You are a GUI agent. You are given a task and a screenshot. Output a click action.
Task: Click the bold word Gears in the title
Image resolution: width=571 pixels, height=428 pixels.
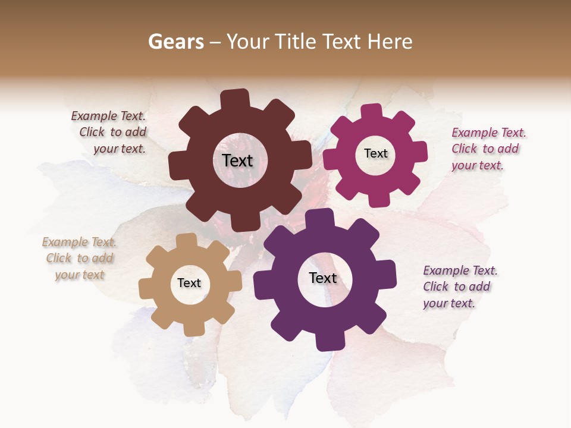pos(176,42)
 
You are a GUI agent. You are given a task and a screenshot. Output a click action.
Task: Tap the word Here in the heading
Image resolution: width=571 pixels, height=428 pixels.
pos(390,42)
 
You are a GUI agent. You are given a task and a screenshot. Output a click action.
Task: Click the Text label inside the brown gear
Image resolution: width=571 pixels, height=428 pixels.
pos(237,160)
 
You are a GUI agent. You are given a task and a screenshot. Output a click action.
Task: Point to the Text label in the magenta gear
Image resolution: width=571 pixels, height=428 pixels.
pos(375,153)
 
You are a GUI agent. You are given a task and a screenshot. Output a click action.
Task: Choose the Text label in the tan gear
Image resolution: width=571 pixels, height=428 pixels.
pos(189,283)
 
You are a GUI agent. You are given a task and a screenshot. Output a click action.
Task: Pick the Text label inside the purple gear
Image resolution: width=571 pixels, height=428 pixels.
pos(323,278)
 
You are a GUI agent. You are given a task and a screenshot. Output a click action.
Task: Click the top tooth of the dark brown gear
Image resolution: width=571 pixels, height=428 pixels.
pos(235,99)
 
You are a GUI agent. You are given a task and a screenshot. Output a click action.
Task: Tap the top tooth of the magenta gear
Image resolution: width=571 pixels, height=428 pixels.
pos(372,112)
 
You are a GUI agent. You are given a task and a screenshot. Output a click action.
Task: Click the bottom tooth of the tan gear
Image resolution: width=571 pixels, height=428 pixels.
pos(194,329)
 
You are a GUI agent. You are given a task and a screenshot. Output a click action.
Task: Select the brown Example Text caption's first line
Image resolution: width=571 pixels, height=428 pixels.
pos(108,117)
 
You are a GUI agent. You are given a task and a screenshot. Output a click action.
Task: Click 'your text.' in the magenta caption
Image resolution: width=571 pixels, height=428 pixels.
pos(477,165)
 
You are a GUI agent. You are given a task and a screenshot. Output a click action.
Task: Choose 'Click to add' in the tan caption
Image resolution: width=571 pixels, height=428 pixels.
pos(80,258)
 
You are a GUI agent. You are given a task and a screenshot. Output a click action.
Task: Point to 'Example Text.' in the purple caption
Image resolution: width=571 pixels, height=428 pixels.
pos(460,270)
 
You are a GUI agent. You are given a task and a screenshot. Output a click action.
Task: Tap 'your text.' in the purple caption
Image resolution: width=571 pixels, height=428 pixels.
pos(449,303)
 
